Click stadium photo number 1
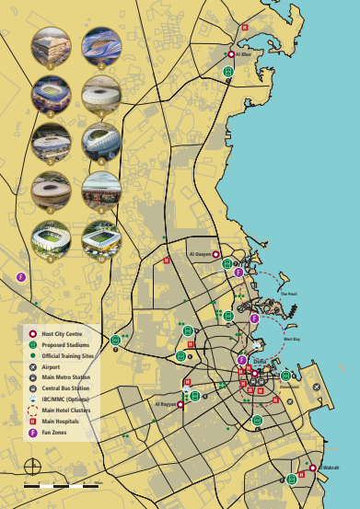[50, 47]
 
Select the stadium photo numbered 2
[100, 47]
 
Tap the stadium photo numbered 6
[100, 143]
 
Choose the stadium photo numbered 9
[50, 239]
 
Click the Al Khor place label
[244, 54]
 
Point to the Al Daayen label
[200, 254]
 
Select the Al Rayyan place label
[166, 404]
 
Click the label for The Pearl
[288, 295]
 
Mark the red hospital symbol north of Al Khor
[245, 28]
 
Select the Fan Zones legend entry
[53, 432]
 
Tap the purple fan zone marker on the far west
[21, 276]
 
